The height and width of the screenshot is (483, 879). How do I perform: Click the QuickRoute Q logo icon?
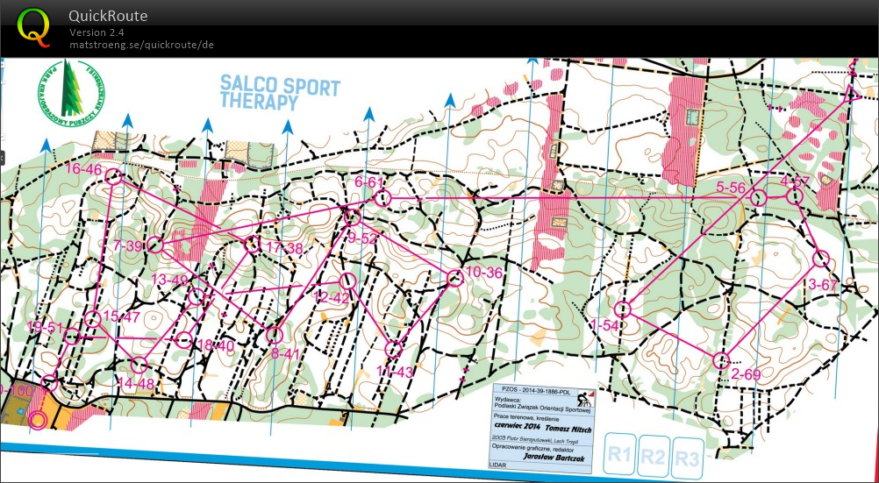click(x=34, y=26)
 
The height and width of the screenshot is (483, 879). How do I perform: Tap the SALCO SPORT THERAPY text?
click(x=280, y=92)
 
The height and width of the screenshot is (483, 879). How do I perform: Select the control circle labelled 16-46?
click(x=112, y=177)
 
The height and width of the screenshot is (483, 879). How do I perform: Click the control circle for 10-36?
click(x=454, y=278)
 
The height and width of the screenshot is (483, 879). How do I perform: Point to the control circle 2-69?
click(x=722, y=359)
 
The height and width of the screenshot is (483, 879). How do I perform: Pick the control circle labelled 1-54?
click(x=624, y=309)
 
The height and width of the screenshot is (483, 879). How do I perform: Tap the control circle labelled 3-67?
click(x=821, y=259)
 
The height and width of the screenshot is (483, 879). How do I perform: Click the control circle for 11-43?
click(x=394, y=349)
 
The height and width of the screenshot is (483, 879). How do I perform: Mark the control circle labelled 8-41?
click(x=274, y=334)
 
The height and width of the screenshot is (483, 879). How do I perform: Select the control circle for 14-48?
click(x=138, y=365)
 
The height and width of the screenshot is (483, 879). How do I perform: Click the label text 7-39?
click(x=127, y=246)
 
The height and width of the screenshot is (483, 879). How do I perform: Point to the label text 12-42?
click(x=331, y=298)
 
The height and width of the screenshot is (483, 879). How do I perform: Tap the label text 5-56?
click(x=731, y=188)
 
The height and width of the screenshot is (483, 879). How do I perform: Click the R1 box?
click(x=620, y=456)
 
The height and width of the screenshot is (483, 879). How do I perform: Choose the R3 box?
click(x=688, y=457)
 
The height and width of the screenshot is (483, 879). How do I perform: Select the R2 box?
click(x=654, y=457)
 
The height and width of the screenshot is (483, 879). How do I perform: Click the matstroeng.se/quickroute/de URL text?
click(x=141, y=45)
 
